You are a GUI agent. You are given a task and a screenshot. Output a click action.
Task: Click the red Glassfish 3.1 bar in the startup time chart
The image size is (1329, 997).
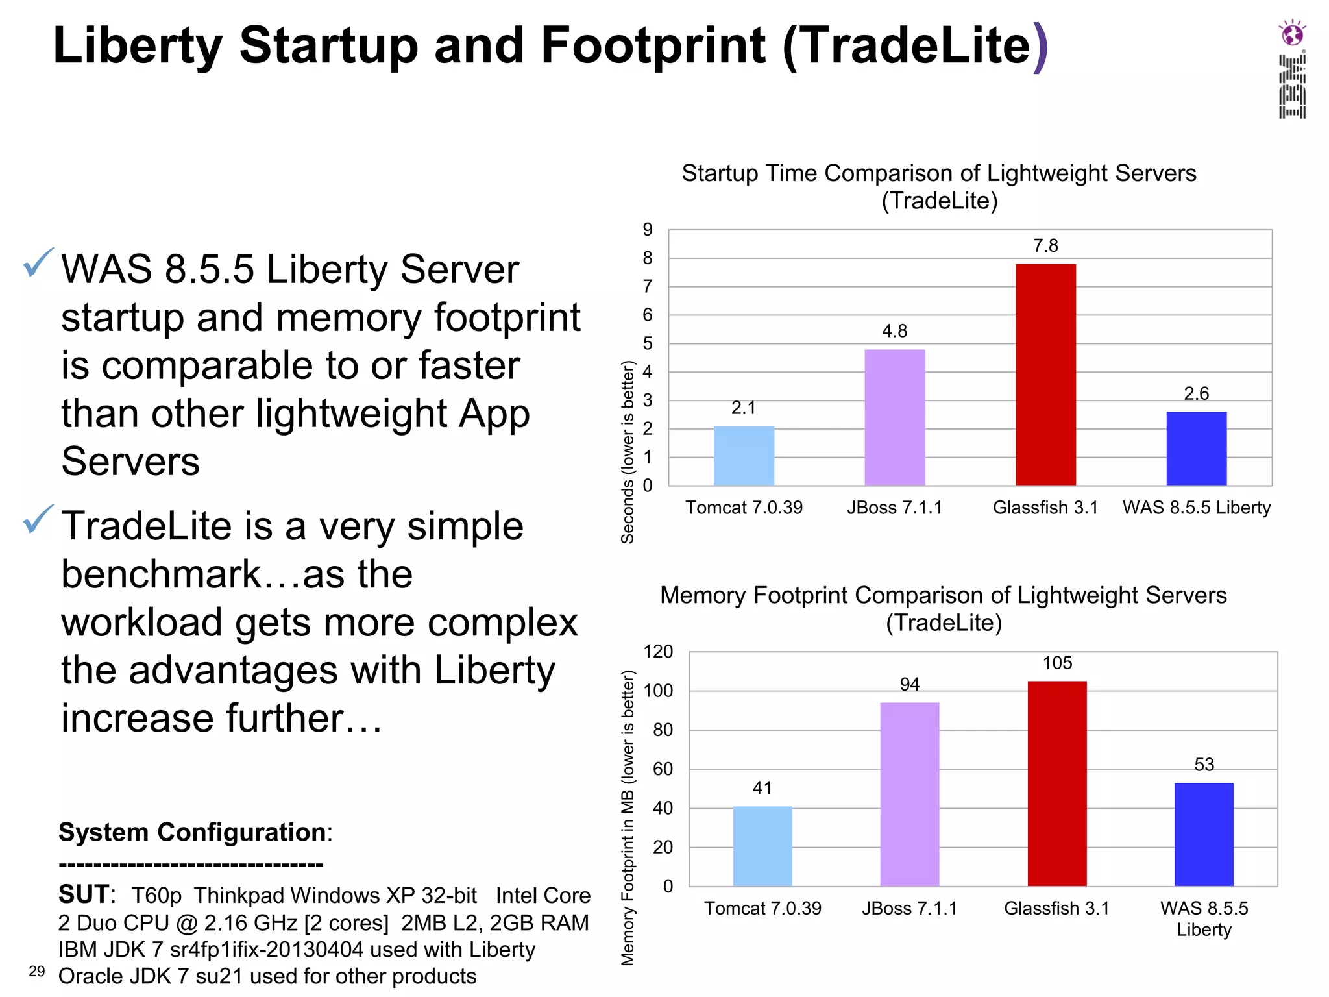pos(1045,375)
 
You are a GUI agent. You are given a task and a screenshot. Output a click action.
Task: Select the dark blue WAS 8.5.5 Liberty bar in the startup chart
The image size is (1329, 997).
pos(1196,449)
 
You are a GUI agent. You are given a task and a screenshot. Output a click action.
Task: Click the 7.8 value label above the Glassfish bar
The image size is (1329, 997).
pos(1045,245)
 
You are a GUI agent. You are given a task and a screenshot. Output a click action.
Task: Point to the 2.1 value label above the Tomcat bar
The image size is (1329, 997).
pos(744,408)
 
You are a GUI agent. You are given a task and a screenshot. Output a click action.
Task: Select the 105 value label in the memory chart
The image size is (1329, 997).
pos(1057,663)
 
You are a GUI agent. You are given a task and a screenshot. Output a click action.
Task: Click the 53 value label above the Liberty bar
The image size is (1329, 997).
pos(1204,765)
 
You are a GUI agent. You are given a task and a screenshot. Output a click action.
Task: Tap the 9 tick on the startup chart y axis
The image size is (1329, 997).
pos(648,229)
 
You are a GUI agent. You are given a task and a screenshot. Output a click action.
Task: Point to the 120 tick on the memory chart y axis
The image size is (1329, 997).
pos(658,652)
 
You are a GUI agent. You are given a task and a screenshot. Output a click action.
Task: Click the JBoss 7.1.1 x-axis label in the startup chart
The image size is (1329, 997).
pos(894,508)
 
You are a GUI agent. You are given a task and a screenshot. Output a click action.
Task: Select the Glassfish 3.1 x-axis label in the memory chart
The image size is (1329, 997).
pos(1056,908)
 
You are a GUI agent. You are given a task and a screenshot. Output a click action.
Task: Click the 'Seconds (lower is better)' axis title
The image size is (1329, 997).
pos(628,452)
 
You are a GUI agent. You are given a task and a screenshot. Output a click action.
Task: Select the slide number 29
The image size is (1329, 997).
pos(37,971)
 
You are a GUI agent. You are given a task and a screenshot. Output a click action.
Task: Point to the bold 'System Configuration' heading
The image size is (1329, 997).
pos(192,832)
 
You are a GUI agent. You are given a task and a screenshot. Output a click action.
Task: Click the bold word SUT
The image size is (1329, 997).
pos(84,894)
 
